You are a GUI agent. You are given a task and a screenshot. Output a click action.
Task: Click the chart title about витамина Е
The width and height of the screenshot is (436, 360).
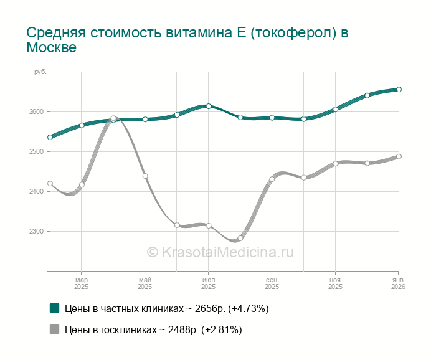[x=187, y=40]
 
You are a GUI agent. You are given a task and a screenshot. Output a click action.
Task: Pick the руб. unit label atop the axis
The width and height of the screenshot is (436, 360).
[x=40, y=73]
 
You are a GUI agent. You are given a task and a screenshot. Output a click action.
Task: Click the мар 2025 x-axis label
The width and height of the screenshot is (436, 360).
[x=82, y=283]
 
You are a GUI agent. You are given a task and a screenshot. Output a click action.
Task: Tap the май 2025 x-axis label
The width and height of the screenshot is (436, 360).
[x=145, y=283]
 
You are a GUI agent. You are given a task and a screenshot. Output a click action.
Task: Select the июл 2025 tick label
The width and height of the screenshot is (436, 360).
[x=209, y=283]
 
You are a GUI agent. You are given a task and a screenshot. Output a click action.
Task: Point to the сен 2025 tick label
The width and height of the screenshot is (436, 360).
[x=272, y=283]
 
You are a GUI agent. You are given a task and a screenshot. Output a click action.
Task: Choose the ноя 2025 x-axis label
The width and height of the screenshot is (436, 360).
[x=335, y=283]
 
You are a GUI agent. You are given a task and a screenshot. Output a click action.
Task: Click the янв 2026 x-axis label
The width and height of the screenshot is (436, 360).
[x=398, y=283]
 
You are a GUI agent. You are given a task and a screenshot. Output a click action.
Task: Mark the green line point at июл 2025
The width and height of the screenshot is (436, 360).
[x=209, y=106]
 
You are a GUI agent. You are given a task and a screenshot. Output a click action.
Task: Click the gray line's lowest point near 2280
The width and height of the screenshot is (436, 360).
[x=240, y=238]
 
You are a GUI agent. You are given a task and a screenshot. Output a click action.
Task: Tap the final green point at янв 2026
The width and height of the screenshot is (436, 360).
[x=399, y=89]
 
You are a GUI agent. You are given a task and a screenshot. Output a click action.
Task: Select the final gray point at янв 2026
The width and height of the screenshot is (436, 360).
[x=399, y=156]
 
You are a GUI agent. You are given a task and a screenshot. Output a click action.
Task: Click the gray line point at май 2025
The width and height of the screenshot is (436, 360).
[x=145, y=176]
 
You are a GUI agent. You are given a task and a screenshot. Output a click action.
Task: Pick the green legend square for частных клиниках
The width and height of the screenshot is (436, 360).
[x=54, y=308]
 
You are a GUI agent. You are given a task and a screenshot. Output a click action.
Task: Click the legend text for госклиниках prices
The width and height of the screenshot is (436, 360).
[x=153, y=329]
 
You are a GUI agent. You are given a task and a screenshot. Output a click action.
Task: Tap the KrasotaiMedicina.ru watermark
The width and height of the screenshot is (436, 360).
[x=220, y=252]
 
